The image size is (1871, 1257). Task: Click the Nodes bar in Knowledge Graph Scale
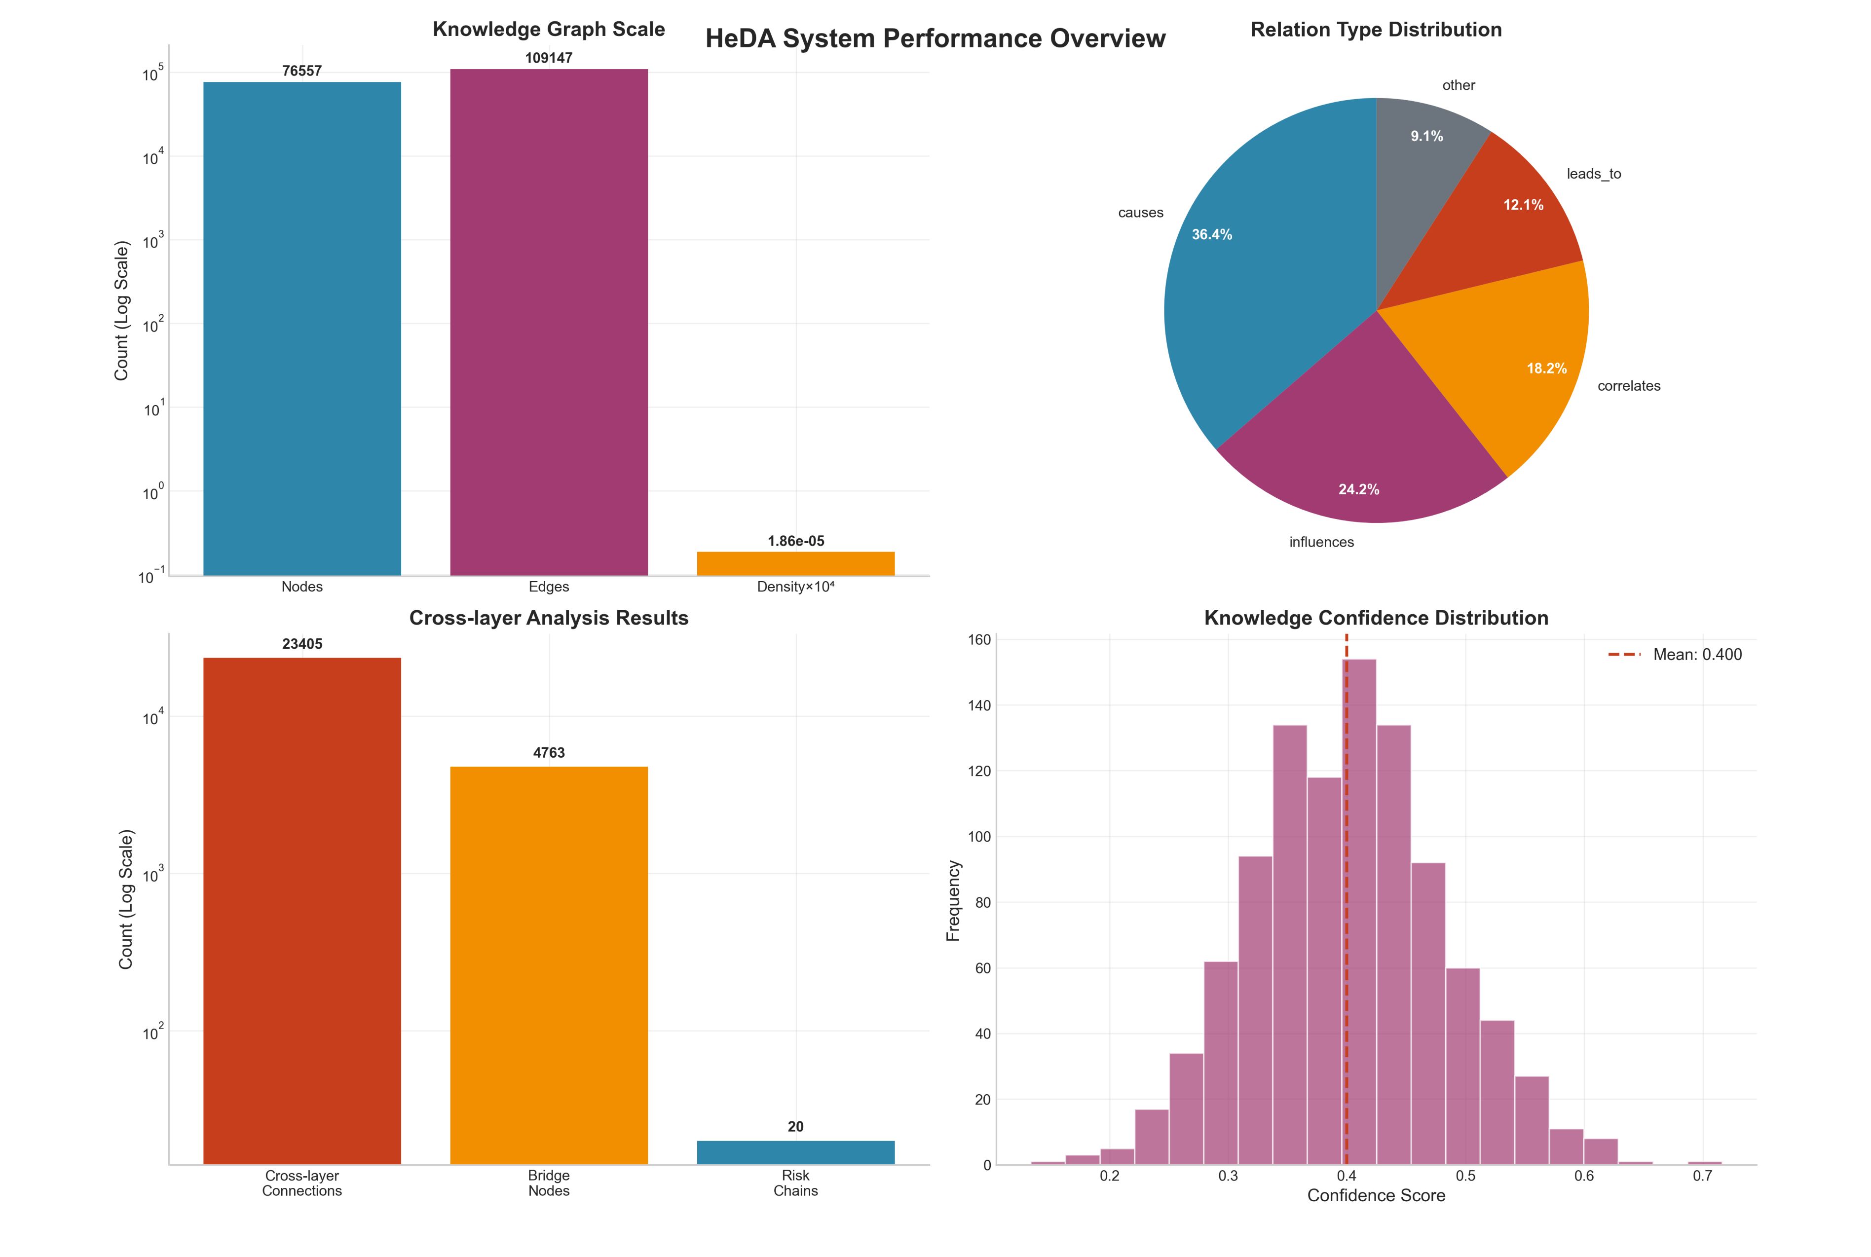(302, 329)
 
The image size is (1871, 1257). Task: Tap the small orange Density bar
(795, 563)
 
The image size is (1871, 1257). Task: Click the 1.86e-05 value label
(795, 541)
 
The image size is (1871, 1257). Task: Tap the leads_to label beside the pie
(1594, 174)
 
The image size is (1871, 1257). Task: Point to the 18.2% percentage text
(1546, 369)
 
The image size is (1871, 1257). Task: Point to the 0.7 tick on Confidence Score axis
(1702, 1176)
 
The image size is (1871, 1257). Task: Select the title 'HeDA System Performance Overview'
(935, 38)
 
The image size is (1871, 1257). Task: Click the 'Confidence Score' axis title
(1376, 1195)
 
